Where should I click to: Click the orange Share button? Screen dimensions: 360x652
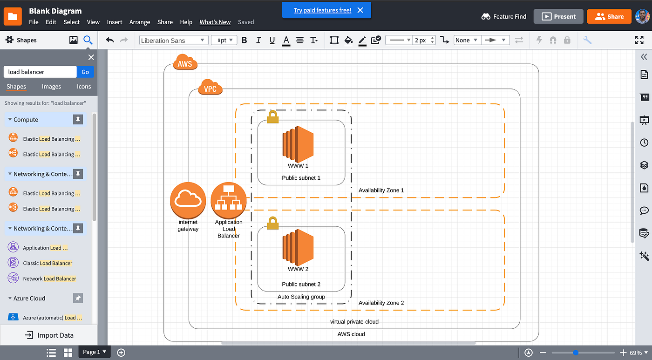609,16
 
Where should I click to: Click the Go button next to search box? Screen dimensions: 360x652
85,72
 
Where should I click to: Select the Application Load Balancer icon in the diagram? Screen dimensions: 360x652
229,200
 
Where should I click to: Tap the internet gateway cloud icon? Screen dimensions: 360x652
188,200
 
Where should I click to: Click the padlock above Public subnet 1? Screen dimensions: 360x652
272,117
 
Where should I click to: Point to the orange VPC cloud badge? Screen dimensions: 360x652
210,88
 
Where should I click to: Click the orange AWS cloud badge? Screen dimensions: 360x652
185,63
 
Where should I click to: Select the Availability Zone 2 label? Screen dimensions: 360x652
381,303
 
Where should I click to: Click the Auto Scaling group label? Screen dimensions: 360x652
301,297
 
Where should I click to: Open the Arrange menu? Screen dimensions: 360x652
140,22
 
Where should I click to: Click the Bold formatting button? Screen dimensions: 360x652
244,40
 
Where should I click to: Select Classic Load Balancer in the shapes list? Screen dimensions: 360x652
48,263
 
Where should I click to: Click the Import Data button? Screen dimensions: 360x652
49,335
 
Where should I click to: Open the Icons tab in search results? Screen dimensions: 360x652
84,87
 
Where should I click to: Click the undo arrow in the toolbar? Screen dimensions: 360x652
110,40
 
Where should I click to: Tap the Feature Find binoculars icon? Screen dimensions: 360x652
486,16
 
